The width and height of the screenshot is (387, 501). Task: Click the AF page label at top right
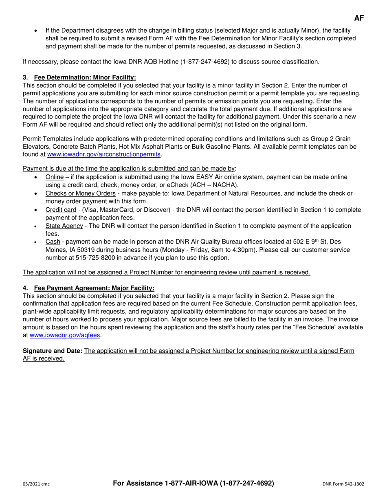[x=359, y=18]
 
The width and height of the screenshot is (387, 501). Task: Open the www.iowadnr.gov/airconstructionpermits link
[x=104, y=154]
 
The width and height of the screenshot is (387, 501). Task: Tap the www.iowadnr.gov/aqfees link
[x=66, y=335]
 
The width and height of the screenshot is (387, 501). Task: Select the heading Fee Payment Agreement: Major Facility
[x=94, y=288]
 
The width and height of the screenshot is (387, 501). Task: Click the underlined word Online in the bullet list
[x=54, y=177]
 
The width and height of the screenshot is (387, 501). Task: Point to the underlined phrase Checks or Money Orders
[x=80, y=193]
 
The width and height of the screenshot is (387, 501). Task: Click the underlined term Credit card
[x=61, y=210]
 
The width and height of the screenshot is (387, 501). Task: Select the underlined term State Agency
[x=64, y=226]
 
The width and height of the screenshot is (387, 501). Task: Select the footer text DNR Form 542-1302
[x=343, y=484]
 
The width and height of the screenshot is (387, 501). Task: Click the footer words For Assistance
[x=138, y=483]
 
